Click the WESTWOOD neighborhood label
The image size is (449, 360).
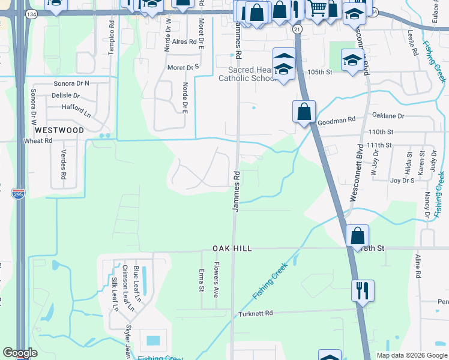tap(59, 130)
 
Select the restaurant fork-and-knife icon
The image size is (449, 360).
tap(363, 290)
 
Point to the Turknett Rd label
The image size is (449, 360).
tap(255, 313)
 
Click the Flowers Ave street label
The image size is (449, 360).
tap(216, 280)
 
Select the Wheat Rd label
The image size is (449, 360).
tap(37, 140)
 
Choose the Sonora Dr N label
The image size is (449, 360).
tap(71, 83)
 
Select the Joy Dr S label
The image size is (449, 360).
tap(403, 179)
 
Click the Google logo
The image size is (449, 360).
tap(20, 353)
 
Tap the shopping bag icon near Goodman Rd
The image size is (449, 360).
tap(304, 111)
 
